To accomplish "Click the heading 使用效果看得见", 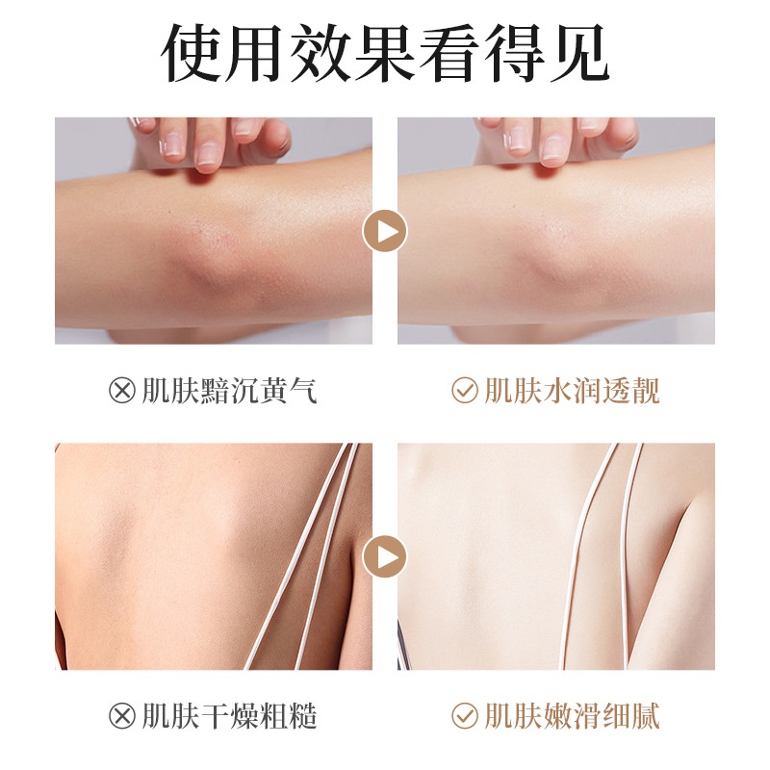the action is [x=385, y=53].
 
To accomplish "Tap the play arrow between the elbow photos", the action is [x=385, y=231].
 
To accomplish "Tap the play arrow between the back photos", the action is [x=385, y=556].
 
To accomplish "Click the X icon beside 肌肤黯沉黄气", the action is [x=122, y=391].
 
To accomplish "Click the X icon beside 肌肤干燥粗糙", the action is [x=122, y=715].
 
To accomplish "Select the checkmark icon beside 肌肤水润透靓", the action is [x=465, y=391].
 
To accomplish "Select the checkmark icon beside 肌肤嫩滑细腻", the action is [x=465, y=715].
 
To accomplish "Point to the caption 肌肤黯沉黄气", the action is [x=229, y=391].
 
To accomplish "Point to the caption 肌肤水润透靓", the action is [x=572, y=391].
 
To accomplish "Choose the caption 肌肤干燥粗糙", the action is [x=229, y=716].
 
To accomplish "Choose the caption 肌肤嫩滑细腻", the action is [x=572, y=716].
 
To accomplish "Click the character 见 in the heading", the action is [x=579, y=53].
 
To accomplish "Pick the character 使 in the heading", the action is [x=191, y=53].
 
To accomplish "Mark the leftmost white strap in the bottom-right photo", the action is [x=586, y=556].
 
